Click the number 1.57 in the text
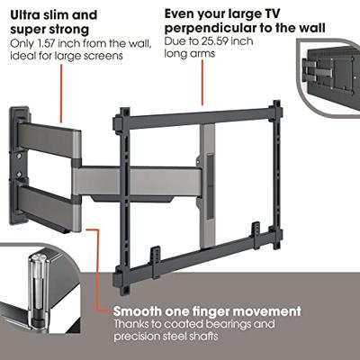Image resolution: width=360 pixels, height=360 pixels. pyautogui.click(x=46, y=43)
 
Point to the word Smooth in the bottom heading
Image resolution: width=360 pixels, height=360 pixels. pyautogui.click(x=137, y=311)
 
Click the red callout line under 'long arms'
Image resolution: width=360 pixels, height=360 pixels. pyautogui.click(x=202, y=83)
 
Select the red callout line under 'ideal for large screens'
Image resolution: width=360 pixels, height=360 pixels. pyautogui.click(x=61, y=94)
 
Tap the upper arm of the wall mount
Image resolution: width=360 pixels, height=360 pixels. pyautogui.click(x=49, y=140)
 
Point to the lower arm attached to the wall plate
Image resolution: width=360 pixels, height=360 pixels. pyautogui.click(x=49, y=207)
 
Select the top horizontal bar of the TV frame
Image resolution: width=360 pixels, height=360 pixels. pyautogui.click(x=198, y=117)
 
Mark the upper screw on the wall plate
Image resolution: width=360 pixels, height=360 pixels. pyautogui.click(x=20, y=156)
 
